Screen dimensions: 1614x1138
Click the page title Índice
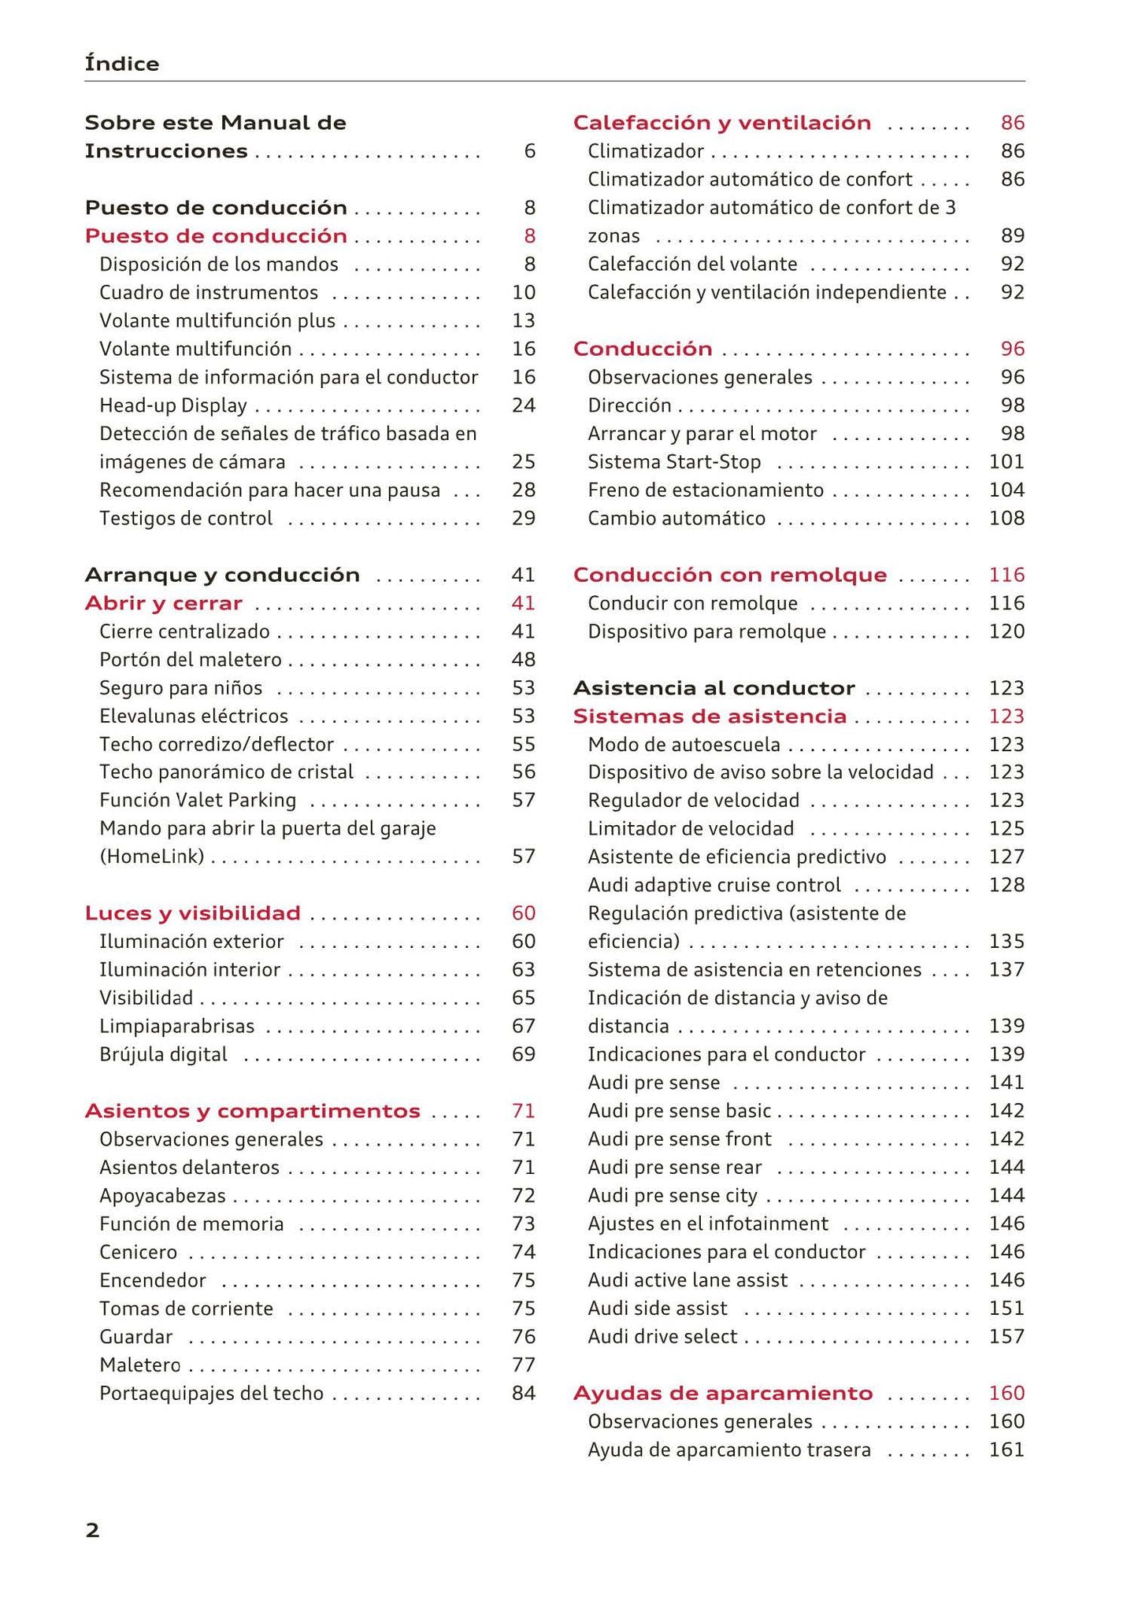click(121, 64)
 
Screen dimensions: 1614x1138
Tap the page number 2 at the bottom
click(92, 1530)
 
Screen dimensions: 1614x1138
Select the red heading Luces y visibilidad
click(192, 913)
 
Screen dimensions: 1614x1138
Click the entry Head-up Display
click(172, 405)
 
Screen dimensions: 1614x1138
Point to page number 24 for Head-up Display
click(523, 405)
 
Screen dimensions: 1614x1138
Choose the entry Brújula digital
click(163, 1054)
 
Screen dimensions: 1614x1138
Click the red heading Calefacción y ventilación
click(721, 123)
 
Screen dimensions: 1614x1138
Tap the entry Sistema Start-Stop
click(673, 461)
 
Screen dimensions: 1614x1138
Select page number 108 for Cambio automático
click(1006, 518)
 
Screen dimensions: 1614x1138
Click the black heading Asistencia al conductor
click(713, 688)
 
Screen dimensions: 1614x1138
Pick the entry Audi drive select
click(662, 1336)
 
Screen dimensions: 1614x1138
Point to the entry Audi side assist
click(657, 1308)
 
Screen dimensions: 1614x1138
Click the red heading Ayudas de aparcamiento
click(722, 1393)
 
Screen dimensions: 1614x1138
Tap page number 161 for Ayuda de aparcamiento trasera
click(1006, 1449)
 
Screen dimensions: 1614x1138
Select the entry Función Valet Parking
click(198, 800)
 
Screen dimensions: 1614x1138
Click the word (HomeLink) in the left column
click(151, 856)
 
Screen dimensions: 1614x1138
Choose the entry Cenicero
click(138, 1252)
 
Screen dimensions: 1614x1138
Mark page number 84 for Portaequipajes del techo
click(523, 1393)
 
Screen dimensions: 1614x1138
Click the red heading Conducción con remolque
click(729, 575)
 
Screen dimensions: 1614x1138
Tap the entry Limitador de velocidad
click(690, 828)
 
